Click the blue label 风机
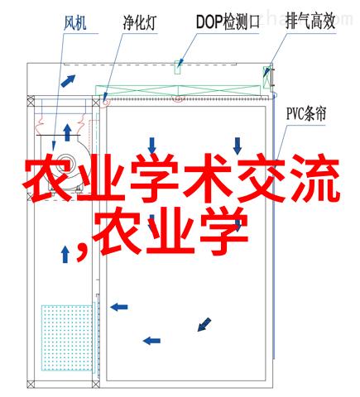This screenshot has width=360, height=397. click(x=75, y=22)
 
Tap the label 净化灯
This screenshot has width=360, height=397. click(x=140, y=22)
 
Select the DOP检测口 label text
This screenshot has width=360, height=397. click(x=228, y=22)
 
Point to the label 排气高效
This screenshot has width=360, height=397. click(x=310, y=22)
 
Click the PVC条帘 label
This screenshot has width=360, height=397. click(x=306, y=113)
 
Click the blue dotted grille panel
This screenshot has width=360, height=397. click(x=67, y=337)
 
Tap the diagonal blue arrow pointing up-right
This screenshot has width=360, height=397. click(x=68, y=81)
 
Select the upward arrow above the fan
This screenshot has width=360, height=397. click(x=67, y=132)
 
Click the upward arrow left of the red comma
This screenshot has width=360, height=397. click(x=65, y=254)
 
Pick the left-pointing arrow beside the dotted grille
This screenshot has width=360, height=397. click(x=119, y=307)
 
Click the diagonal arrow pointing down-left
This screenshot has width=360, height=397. click(x=204, y=324)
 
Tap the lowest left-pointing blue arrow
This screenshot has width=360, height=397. click(x=151, y=341)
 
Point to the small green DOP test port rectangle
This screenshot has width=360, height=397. click(x=177, y=67)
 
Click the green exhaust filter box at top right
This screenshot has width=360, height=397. click(x=266, y=77)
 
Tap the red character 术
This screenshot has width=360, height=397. click(x=208, y=179)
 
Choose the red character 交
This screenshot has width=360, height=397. click(x=261, y=179)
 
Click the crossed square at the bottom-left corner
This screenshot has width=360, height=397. click(x=31, y=384)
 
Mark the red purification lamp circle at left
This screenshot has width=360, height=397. click(x=106, y=101)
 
